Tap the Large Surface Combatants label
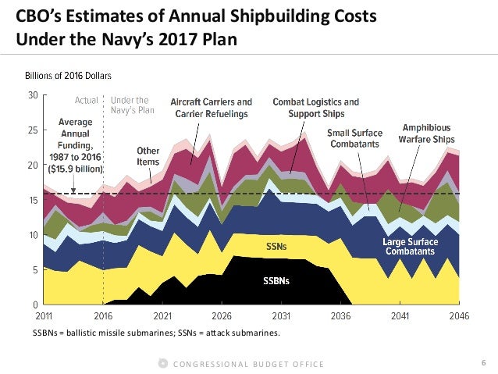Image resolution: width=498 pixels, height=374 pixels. [414, 248]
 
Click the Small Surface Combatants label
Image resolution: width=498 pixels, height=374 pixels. [354, 138]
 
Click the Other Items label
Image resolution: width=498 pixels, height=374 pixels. [148, 156]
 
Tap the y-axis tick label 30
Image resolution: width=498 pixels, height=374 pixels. [33, 95]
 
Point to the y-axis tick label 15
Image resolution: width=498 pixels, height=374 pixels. [33, 200]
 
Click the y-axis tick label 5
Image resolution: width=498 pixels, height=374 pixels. [35, 270]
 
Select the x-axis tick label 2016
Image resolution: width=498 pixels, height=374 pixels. [103, 317]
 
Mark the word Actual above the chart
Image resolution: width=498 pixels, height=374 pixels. [86, 101]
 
